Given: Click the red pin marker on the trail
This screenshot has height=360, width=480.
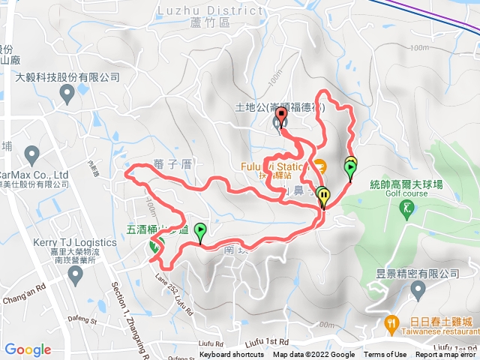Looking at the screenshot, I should (x=282, y=117).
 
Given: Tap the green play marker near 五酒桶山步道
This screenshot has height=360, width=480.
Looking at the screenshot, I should (x=199, y=232).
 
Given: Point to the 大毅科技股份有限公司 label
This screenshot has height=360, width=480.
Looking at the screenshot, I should (x=67, y=77).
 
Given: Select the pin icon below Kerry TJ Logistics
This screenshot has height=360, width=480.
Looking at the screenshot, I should (x=75, y=274).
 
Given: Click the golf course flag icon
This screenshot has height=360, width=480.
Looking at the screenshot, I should (x=407, y=207).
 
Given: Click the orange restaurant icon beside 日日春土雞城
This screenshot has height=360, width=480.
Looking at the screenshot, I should (x=391, y=324).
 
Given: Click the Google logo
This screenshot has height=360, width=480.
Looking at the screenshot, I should (x=28, y=349).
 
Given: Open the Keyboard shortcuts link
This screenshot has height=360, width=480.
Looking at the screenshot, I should (x=232, y=355).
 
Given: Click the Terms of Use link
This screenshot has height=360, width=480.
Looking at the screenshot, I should (x=385, y=355).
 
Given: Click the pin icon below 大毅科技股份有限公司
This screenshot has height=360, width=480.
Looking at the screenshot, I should (x=67, y=94).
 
